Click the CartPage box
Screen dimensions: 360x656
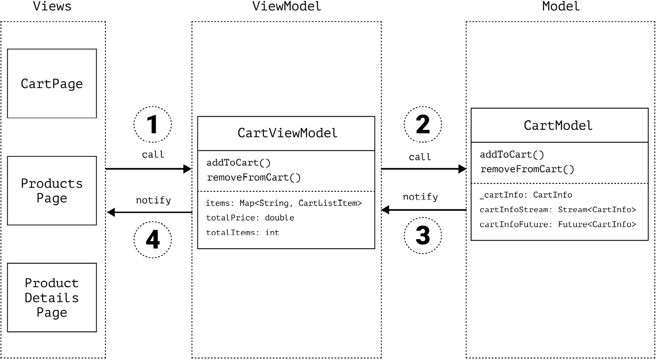(x=52, y=84)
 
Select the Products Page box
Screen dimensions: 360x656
(x=52, y=191)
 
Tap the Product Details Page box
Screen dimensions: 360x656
(x=52, y=298)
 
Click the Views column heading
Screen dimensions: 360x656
(x=52, y=6)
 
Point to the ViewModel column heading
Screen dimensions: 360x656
(x=287, y=6)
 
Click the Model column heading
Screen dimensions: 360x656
(x=561, y=6)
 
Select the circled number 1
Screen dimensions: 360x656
(x=153, y=125)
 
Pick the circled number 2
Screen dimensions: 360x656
(x=423, y=125)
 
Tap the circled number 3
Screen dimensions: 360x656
(x=423, y=235)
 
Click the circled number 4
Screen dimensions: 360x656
(x=153, y=239)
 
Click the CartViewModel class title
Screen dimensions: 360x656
(x=287, y=133)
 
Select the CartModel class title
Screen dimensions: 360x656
(x=558, y=126)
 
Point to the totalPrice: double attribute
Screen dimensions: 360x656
(x=250, y=218)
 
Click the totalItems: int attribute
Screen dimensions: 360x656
(x=243, y=233)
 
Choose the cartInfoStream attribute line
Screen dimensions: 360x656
(x=557, y=210)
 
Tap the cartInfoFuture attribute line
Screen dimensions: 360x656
(x=557, y=224)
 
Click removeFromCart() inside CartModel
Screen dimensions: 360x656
(x=527, y=169)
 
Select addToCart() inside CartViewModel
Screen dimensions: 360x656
(x=239, y=163)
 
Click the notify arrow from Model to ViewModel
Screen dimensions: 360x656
(x=423, y=210)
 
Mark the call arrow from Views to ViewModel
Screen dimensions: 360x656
(x=148, y=169)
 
